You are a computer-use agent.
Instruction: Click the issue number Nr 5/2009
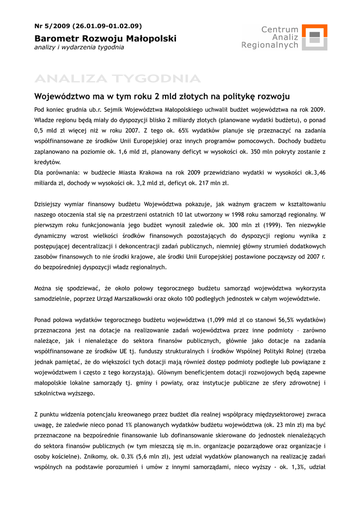click(x=52, y=26)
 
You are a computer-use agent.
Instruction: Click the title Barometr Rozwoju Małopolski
click(x=105, y=38)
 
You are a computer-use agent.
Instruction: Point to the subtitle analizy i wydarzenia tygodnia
click(x=79, y=48)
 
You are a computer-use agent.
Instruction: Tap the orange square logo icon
click(x=314, y=37)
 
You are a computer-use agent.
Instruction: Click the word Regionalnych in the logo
click(x=270, y=45)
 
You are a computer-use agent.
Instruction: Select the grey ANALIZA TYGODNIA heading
click(x=117, y=79)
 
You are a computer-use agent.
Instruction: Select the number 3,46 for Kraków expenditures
click(x=319, y=172)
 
